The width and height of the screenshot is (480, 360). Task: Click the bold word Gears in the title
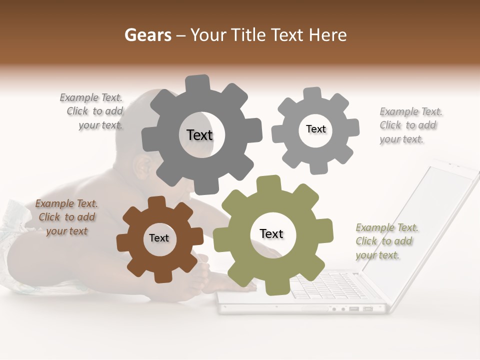pos(147,35)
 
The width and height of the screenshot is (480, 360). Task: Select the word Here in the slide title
pos(328,35)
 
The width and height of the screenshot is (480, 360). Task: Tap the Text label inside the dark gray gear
pos(199,135)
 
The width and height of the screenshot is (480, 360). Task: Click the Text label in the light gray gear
pos(315,129)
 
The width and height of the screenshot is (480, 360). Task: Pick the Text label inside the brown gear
pos(159,238)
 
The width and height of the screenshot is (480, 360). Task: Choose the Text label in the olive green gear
pos(271,233)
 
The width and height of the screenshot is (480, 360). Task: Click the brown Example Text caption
pos(66,217)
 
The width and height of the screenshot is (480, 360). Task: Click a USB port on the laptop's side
pos(354,309)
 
